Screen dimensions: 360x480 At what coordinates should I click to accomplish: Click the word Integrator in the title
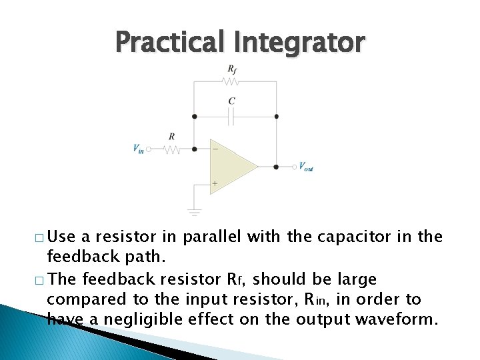[299, 42]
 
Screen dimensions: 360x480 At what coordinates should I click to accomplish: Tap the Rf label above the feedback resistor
[231, 69]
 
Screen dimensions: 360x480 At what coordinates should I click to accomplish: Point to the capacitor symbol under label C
[232, 117]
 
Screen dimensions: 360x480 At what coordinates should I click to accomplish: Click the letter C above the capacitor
[231, 101]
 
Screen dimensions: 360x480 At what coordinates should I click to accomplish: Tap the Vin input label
[138, 149]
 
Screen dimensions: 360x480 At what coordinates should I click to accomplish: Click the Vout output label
[306, 167]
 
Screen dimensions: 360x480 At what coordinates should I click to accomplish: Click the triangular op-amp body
[230, 166]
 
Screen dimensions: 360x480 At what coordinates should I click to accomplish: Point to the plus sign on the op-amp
[215, 183]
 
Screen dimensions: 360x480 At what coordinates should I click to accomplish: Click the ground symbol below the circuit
[194, 213]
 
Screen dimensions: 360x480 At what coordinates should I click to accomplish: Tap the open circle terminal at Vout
[294, 166]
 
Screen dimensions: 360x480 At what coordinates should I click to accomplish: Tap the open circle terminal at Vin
[150, 150]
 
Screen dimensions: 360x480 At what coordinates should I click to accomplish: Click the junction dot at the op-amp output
[276, 166]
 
